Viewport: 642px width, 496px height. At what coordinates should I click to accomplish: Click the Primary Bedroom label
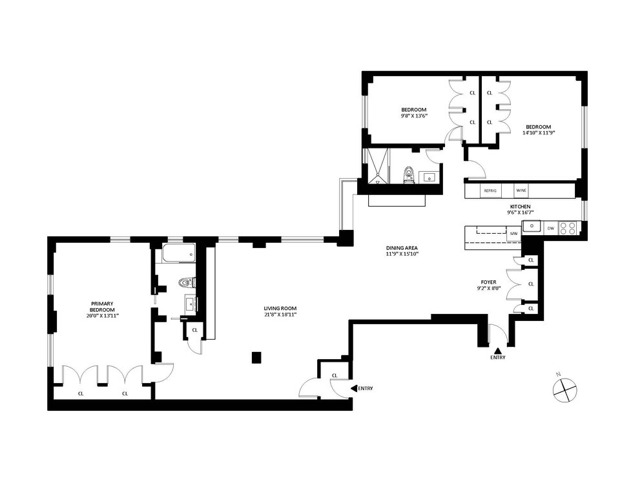(x=102, y=307)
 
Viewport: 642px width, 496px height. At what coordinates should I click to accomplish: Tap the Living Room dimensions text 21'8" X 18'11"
(x=280, y=315)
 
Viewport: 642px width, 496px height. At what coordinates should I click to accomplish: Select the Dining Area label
(x=402, y=248)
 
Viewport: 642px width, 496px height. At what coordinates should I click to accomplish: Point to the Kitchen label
(x=520, y=207)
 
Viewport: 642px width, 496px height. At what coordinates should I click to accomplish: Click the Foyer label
(x=488, y=282)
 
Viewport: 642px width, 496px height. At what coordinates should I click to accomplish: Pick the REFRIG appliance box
(x=490, y=191)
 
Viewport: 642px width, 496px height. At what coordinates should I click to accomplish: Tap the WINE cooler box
(x=521, y=191)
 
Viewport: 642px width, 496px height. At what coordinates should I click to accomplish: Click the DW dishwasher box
(x=550, y=228)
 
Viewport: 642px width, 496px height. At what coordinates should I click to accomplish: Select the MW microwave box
(x=513, y=233)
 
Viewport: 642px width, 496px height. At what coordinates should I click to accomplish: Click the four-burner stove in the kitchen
(x=567, y=228)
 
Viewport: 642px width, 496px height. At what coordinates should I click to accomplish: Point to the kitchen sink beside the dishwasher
(x=532, y=226)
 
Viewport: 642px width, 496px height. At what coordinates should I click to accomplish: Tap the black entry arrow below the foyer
(x=498, y=351)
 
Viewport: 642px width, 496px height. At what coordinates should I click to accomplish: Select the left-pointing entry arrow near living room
(x=354, y=388)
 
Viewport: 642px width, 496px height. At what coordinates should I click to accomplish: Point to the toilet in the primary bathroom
(x=187, y=282)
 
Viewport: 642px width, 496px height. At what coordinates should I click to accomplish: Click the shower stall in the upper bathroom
(x=376, y=166)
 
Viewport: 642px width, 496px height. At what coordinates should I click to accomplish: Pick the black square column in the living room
(x=256, y=358)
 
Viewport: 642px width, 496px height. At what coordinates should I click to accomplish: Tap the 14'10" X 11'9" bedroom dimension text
(x=538, y=132)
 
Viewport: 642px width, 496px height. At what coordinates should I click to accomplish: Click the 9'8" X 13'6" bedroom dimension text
(x=413, y=116)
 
